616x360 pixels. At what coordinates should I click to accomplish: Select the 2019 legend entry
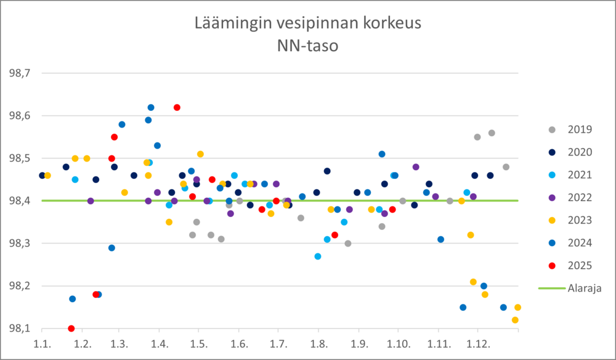[580, 129]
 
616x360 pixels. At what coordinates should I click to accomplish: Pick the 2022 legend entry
[580, 197]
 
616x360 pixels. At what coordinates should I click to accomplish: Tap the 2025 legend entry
[580, 266]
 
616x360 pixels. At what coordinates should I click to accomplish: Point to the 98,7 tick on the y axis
[18, 73]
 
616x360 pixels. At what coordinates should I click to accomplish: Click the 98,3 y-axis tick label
[18, 243]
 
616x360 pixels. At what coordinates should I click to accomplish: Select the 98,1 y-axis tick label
[18, 329]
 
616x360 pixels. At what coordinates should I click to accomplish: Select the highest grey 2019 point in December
[492, 133]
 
